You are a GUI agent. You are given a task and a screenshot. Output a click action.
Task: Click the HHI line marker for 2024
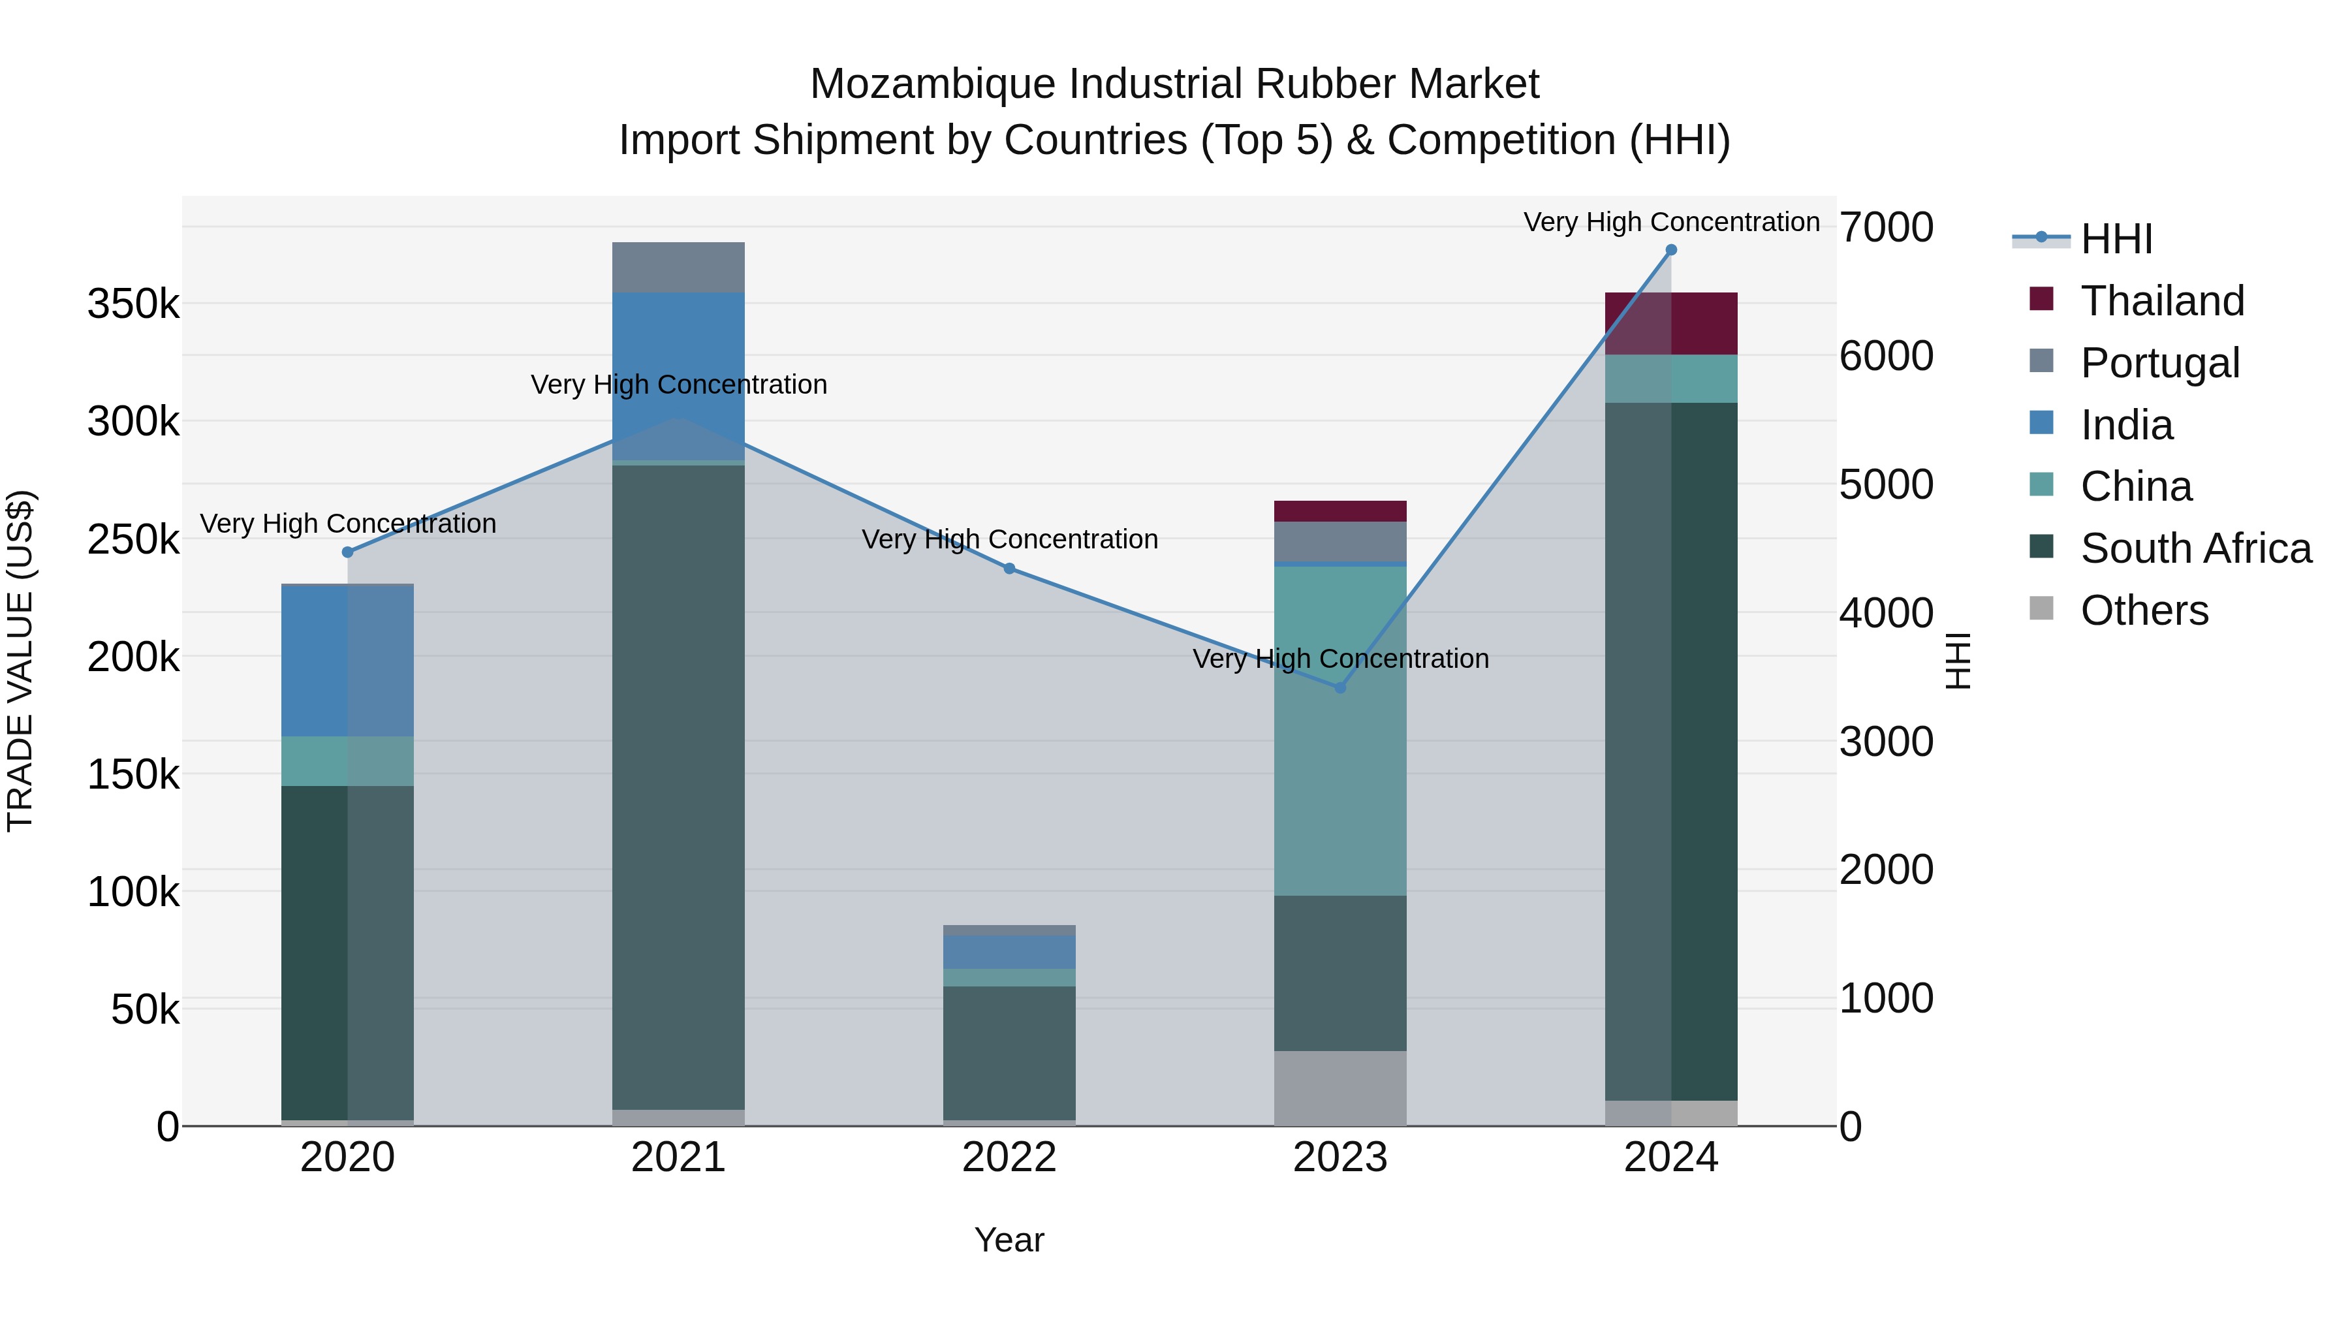(1670, 250)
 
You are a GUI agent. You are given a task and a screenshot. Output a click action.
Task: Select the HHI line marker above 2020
(347, 552)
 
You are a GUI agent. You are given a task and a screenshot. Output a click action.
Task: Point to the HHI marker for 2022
(1009, 569)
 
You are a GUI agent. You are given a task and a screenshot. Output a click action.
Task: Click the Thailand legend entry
(2161, 301)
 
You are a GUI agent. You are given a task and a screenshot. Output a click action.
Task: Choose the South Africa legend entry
(2194, 548)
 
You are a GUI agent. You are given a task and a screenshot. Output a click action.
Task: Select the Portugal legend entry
(2159, 363)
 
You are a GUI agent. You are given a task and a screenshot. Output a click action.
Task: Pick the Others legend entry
(2143, 610)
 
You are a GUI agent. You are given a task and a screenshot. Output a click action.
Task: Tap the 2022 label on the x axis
(1009, 1157)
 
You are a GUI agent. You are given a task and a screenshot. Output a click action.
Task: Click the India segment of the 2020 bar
(347, 659)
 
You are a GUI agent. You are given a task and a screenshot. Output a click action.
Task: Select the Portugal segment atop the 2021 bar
(678, 267)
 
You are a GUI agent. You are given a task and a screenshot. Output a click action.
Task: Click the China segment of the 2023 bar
(1340, 730)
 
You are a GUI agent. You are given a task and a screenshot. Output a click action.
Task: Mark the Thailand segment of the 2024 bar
(1670, 323)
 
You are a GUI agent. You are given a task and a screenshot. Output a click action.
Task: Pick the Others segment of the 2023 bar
(1340, 1088)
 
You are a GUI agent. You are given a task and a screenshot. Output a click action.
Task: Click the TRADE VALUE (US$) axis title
(21, 661)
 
